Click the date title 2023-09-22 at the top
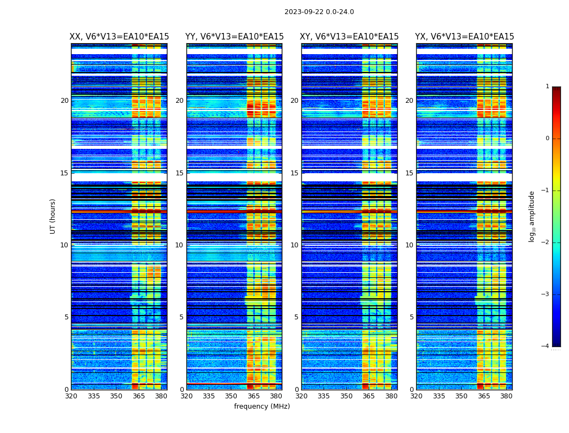(319, 12)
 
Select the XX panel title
(119, 37)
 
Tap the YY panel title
(234, 37)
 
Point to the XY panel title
(349, 37)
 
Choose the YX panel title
(464, 37)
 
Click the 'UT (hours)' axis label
(53, 216)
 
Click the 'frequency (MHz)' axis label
(262, 406)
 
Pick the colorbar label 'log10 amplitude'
(532, 216)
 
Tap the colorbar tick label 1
(547, 87)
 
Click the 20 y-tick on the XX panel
(64, 101)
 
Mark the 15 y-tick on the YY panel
(179, 173)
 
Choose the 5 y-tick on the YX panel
(411, 317)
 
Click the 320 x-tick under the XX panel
(71, 396)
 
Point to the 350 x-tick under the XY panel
(346, 396)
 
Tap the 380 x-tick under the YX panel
(506, 396)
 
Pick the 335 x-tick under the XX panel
(94, 396)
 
